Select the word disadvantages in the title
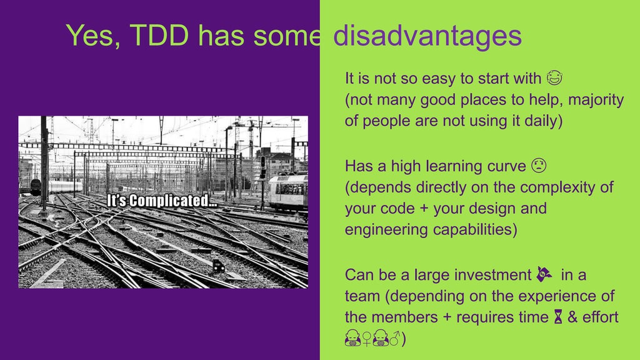coord(427,36)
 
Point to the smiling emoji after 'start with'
coord(554,79)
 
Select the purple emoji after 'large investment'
coord(544,274)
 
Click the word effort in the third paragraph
coord(601,317)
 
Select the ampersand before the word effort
coord(572,317)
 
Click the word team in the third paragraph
coord(362,296)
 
